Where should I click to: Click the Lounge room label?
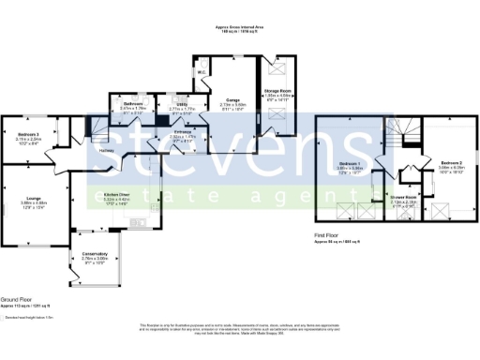34,198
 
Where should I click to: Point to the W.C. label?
202,71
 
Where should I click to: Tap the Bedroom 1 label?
351,164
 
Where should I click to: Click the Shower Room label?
403,197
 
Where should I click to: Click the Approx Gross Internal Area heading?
240,28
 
